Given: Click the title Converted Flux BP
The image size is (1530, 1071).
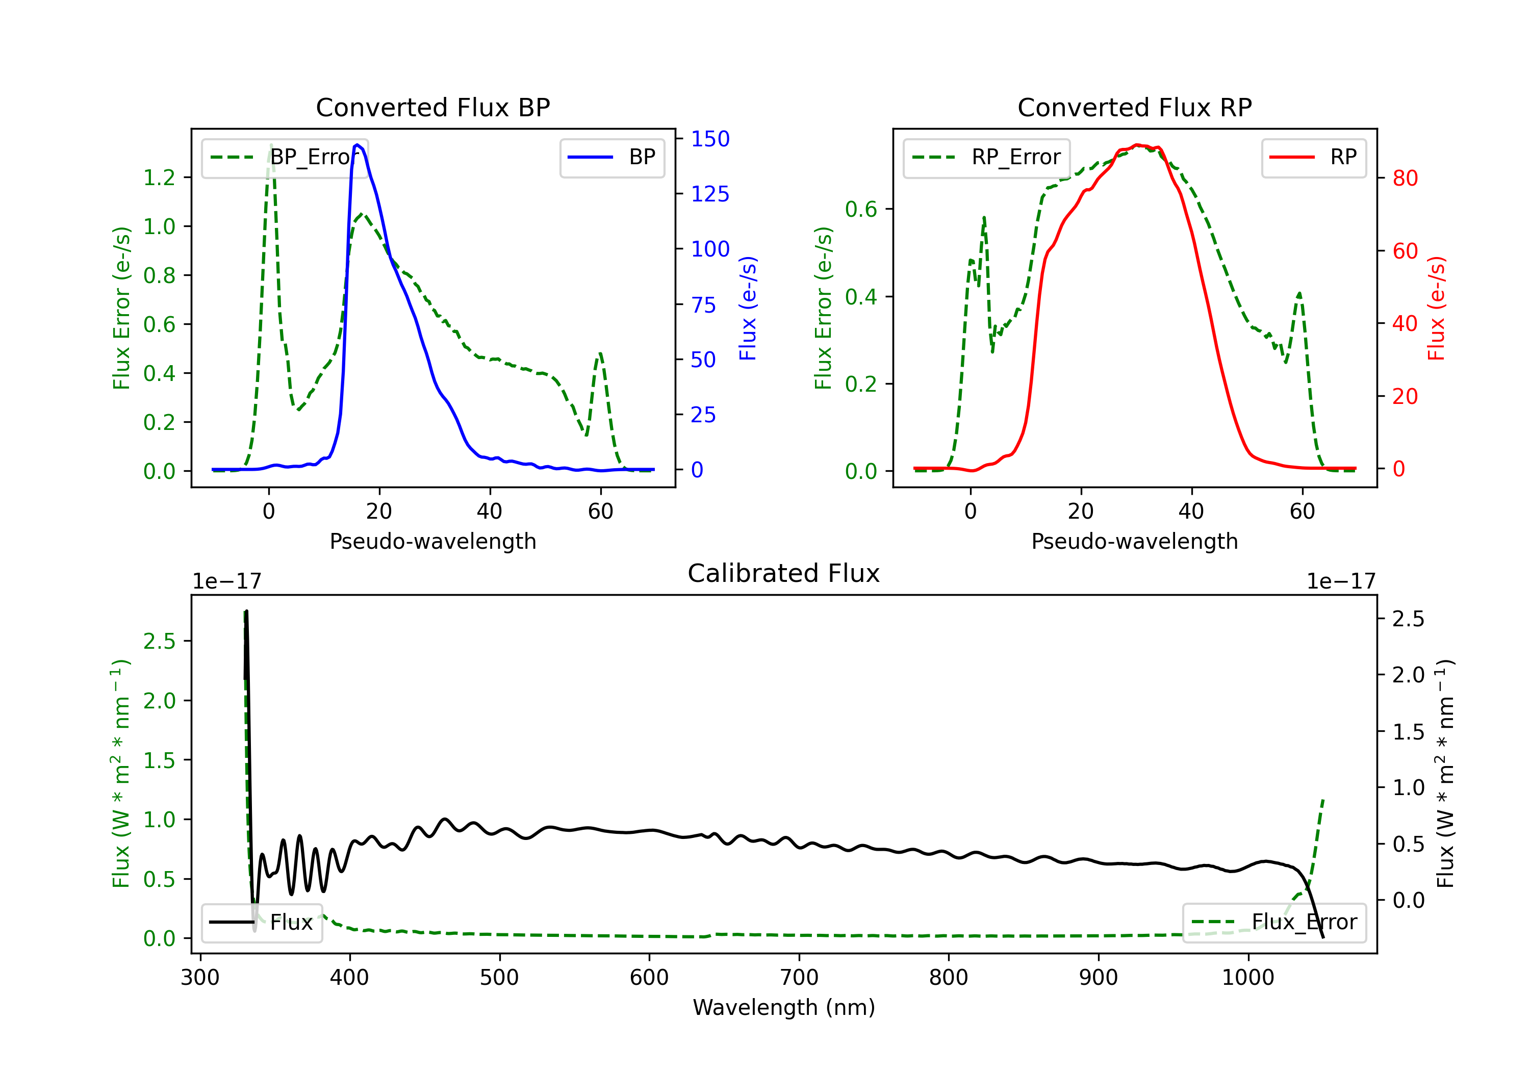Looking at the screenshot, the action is click(x=432, y=107).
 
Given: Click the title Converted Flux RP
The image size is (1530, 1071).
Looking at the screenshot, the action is click(x=1134, y=107).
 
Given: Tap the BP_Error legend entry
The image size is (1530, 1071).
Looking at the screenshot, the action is click(x=285, y=157).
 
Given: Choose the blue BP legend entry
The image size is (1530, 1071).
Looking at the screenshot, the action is click(x=611, y=157).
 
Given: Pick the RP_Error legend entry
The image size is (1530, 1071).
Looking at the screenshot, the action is click(x=986, y=157).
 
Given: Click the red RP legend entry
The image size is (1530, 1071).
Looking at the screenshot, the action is click(x=1313, y=157).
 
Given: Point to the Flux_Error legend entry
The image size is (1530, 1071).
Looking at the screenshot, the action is click(x=1273, y=923).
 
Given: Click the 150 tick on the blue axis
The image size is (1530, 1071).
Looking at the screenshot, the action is click(x=710, y=139).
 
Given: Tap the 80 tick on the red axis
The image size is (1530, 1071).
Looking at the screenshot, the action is click(x=1405, y=178).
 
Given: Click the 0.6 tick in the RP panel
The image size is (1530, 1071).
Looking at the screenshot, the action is click(x=861, y=209).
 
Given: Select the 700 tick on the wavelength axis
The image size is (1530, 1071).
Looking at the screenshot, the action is click(x=798, y=978).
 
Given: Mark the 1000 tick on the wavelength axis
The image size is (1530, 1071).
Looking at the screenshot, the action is click(x=1247, y=978).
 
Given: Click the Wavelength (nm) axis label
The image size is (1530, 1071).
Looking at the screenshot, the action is click(x=784, y=1008).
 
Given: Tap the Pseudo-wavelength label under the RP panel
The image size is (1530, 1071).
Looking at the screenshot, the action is click(x=1134, y=542).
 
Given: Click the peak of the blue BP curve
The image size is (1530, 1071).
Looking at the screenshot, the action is click(x=358, y=145).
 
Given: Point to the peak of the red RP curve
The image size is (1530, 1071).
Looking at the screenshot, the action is click(x=1137, y=145).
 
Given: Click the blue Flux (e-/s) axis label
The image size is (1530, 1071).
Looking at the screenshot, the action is click(x=748, y=308).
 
